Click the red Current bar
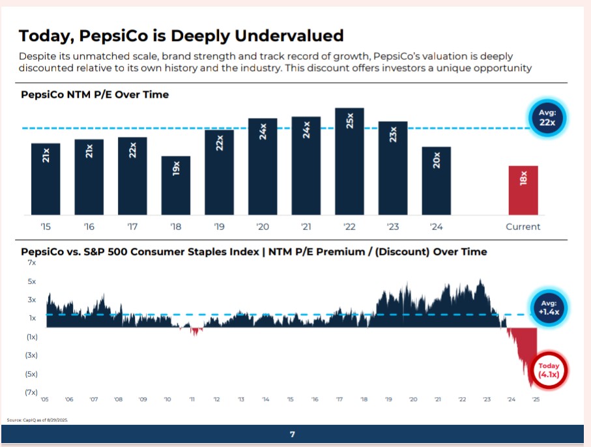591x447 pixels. pyautogui.click(x=523, y=190)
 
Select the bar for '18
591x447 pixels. pyautogui.click(x=176, y=186)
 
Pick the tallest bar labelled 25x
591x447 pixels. pyautogui.click(x=349, y=162)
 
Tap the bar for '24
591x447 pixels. pyautogui.click(x=437, y=181)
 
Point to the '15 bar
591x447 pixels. pyautogui.click(x=46, y=179)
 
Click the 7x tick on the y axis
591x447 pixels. pyautogui.click(x=32, y=263)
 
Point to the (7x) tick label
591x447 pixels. pyautogui.click(x=31, y=392)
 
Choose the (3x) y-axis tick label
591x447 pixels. pyautogui.click(x=31, y=355)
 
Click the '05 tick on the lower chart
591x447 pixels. pyautogui.click(x=44, y=399)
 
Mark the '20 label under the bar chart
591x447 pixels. pyautogui.click(x=263, y=227)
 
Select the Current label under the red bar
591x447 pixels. pyautogui.click(x=523, y=227)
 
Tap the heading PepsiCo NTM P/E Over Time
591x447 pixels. pyautogui.click(x=94, y=95)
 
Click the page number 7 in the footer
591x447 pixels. pyautogui.click(x=293, y=435)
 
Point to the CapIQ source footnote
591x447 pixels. pyautogui.click(x=38, y=420)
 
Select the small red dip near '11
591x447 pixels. pyautogui.click(x=194, y=332)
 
